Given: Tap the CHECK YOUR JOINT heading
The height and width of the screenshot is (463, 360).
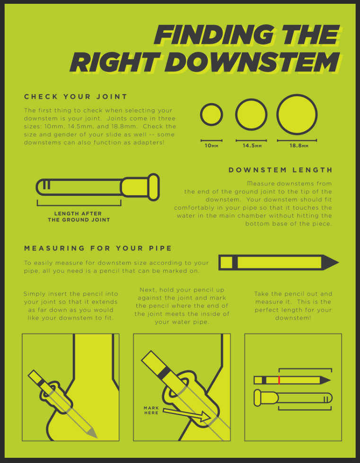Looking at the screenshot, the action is pyautogui.click(x=76, y=96).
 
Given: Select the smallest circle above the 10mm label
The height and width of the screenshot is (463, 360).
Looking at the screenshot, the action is pyautogui.click(x=211, y=114).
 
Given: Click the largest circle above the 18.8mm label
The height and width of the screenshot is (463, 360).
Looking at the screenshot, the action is pyautogui.click(x=297, y=114).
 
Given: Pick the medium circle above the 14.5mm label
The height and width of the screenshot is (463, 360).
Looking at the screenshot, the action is pyautogui.click(x=251, y=114).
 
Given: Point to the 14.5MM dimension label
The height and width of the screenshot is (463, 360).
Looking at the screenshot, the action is pyautogui.click(x=252, y=146).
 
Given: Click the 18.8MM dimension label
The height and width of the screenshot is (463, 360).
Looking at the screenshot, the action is pyautogui.click(x=299, y=146).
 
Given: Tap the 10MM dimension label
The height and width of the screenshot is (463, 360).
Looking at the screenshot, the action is pyautogui.click(x=211, y=146).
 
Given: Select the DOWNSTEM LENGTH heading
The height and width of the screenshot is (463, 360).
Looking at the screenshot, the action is pyautogui.click(x=281, y=170).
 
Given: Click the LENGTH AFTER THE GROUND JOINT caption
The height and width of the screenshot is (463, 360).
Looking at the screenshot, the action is pyautogui.click(x=79, y=217).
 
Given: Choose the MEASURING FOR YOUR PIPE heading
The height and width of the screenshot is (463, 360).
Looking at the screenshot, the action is pyautogui.click(x=98, y=248).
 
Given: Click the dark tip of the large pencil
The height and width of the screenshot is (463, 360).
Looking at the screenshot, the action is pyautogui.click(x=330, y=262).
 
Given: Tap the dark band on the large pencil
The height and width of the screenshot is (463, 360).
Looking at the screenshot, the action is pyautogui.click(x=235, y=262).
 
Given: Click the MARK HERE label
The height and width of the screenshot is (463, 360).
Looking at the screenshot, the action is pyautogui.click(x=151, y=411).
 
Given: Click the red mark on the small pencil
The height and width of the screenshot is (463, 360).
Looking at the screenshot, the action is pyautogui.click(x=279, y=380).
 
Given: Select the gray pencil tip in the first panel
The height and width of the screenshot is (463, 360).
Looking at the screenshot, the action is pyautogui.click(x=92, y=433).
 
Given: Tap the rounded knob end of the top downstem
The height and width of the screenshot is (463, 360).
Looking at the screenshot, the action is pyautogui.click(x=154, y=187).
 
